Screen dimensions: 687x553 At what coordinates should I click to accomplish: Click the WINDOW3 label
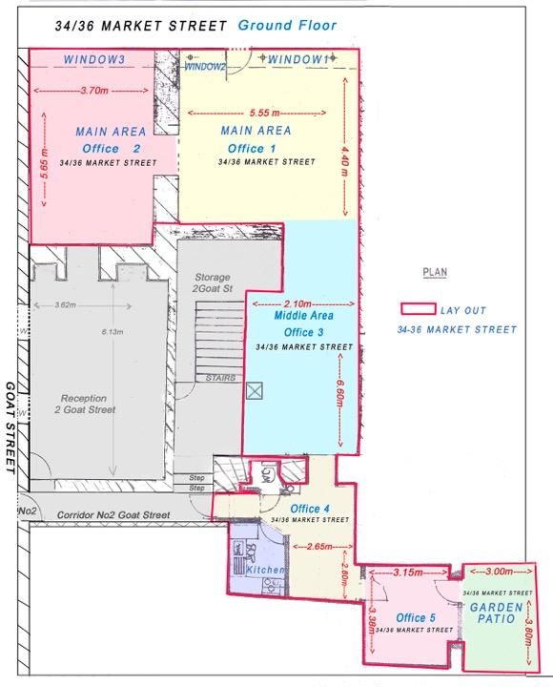[94, 59]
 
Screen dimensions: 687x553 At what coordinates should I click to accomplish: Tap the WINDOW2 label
[205, 67]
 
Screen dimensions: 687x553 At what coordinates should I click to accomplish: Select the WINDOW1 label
[298, 59]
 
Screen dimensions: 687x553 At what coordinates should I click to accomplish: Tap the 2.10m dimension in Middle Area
[300, 302]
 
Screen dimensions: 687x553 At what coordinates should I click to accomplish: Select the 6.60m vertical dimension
[340, 392]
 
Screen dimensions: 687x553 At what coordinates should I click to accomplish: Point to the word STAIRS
[220, 378]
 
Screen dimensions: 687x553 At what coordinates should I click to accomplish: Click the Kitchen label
[265, 570]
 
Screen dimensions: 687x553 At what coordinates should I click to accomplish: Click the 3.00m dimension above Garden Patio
[499, 571]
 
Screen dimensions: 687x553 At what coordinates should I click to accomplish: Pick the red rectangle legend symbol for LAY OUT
[417, 310]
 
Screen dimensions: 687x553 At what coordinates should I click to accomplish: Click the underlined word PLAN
[435, 273]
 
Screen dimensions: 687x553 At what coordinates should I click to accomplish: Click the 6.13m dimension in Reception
[113, 333]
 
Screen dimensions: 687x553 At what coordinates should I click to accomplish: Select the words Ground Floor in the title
[287, 26]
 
